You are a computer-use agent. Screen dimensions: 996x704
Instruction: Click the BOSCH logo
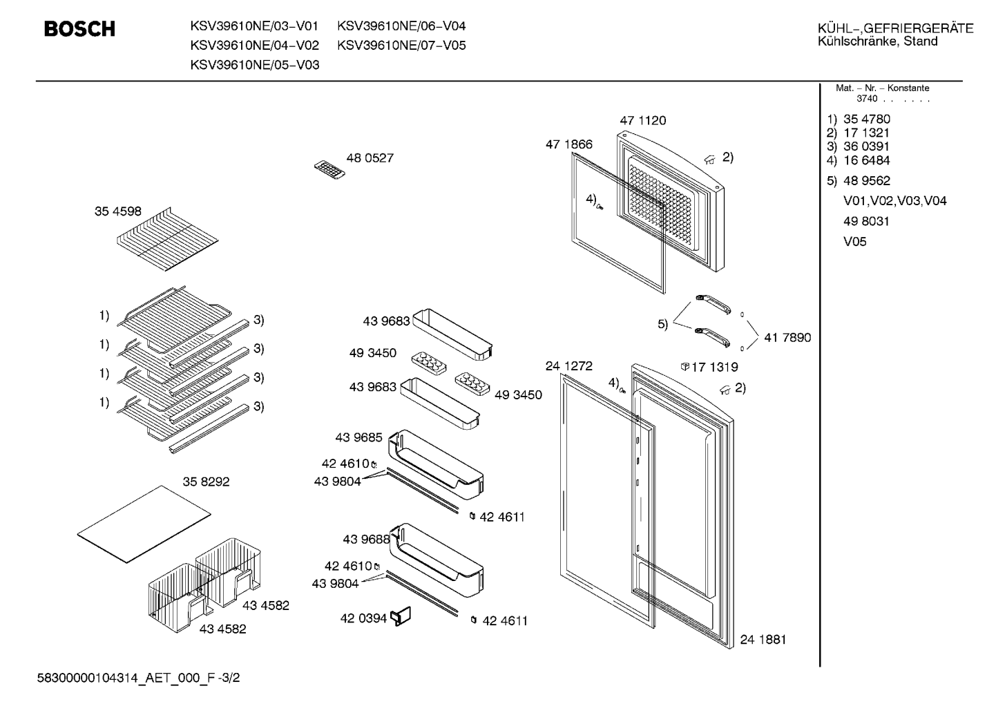pos(79,29)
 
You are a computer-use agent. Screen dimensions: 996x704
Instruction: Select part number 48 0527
pos(370,158)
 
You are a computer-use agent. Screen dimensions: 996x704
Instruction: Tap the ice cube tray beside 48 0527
pos(329,170)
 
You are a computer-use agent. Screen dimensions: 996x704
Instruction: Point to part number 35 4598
pos(118,211)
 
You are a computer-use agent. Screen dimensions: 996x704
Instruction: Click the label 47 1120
pos(643,120)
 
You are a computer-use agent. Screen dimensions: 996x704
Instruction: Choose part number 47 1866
pos(569,144)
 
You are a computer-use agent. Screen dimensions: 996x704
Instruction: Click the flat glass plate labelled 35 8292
pos(144,524)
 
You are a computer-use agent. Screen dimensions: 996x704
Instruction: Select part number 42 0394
pos(363,618)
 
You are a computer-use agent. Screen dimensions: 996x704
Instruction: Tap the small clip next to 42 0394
pos(401,616)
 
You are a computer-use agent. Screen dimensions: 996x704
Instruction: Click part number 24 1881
pos(763,640)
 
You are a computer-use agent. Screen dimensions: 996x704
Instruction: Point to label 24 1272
pos(569,366)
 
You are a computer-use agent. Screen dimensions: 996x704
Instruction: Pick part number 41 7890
pos(787,338)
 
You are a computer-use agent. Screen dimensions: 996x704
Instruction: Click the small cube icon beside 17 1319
pos(684,366)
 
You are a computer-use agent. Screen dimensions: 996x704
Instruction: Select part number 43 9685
pos(359,437)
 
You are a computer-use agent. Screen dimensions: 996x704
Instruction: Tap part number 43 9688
pos(366,540)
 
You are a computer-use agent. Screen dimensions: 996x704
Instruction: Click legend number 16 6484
pos(867,160)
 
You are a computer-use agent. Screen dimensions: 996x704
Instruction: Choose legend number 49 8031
pos(867,221)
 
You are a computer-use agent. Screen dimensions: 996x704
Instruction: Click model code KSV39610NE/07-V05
pos(401,46)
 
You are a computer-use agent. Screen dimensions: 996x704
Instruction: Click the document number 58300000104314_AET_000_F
pos(126,678)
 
